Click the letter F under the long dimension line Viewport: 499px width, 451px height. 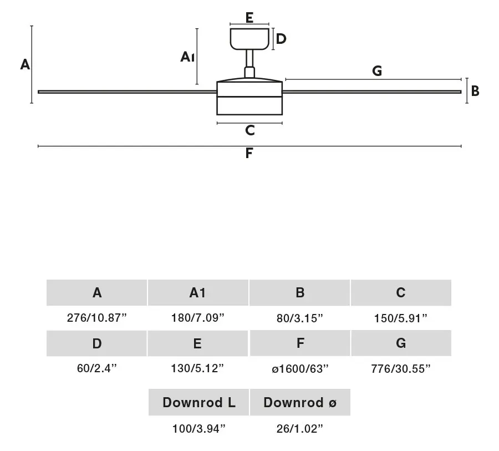pyautogui.click(x=249, y=153)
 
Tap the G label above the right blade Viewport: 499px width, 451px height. pyautogui.click(x=377, y=70)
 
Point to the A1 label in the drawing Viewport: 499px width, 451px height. pyautogui.click(x=187, y=57)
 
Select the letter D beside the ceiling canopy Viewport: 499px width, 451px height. pyautogui.click(x=281, y=39)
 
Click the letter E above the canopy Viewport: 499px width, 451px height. pyautogui.click(x=249, y=18)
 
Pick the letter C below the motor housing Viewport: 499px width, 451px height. pyautogui.click(x=250, y=130)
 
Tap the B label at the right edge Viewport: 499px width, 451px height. pyautogui.click(x=475, y=91)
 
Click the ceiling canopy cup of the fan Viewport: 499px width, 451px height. pyautogui.click(x=249, y=39)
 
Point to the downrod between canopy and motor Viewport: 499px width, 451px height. pyautogui.click(x=249, y=58)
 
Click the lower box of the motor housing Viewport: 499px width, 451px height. pyautogui.click(x=249, y=105)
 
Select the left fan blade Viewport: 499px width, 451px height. pyautogui.click(x=127, y=92)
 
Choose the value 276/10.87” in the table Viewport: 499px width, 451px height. pyautogui.click(x=96, y=318)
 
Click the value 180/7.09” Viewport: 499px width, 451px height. pyautogui.click(x=198, y=318)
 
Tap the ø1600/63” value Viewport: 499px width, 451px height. pyautogui.click(x=300, y=369)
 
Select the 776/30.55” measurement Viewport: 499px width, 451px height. pyautogui.click(x=401, y=369)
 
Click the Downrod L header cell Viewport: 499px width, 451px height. pyautogui.click(x=198, y=402)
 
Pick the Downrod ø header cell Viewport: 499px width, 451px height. pyautogui.click(x=300, y=402)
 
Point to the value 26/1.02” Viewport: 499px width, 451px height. pyautogui.click(x=300, y=429)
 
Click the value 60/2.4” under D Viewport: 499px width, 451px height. pyautogui.click(x=96, y=368)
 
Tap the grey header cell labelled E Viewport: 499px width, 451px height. pyautogui.click(x=197, y=343)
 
